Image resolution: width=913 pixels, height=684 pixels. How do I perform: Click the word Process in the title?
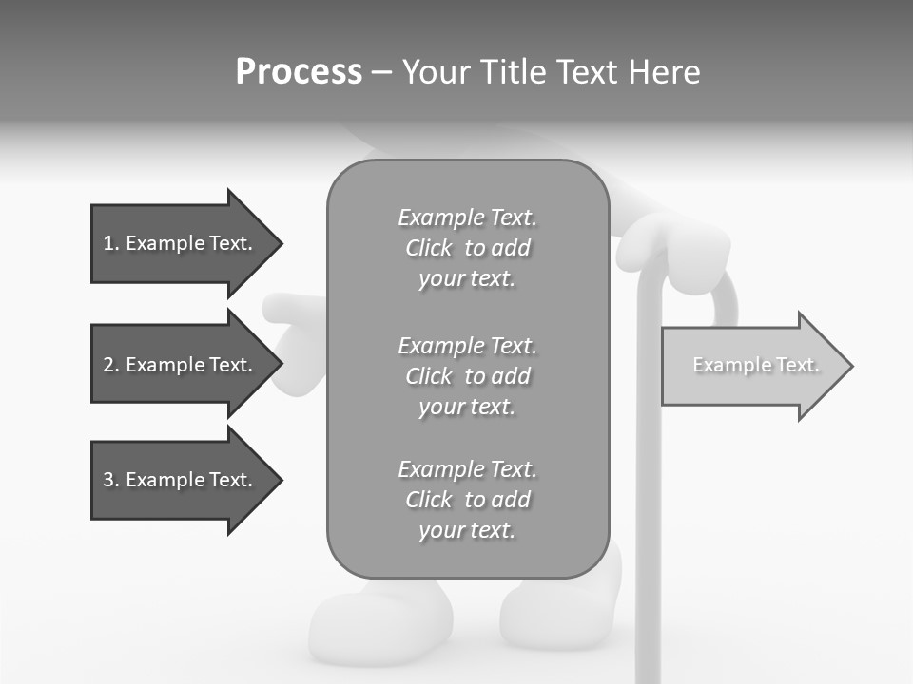[x=299, y=72]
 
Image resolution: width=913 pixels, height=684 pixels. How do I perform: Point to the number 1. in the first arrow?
[x=111, y=243]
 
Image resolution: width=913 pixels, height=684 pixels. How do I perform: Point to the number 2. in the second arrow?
[x=111, y=365]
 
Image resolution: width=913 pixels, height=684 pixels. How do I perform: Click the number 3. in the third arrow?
[x=111, y=480]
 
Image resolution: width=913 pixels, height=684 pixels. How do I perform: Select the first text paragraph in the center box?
[x=467, y=248]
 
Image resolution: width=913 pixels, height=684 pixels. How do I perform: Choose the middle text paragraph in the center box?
[x=467, y=376]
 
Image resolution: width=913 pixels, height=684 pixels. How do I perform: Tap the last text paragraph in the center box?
[x=467, y=500]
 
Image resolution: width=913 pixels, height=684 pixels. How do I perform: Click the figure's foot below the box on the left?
[x=380, y=622]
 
